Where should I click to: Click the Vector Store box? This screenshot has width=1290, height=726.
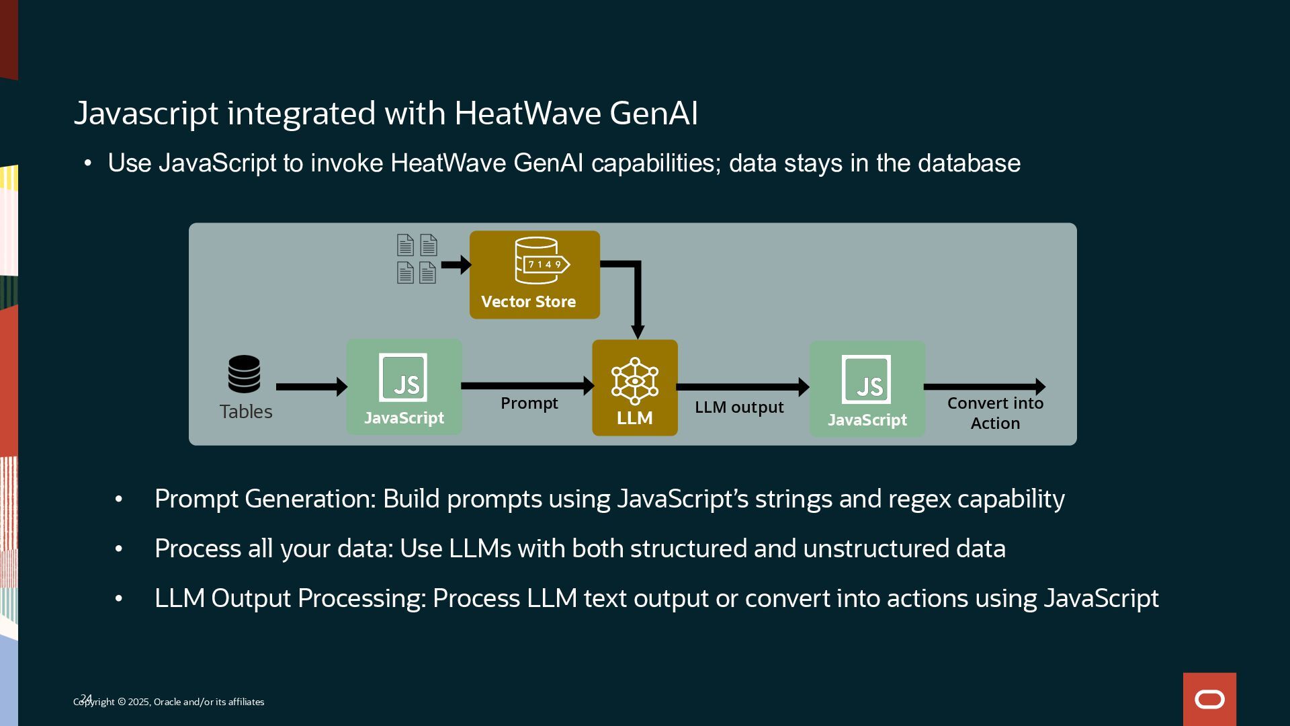(534, 275)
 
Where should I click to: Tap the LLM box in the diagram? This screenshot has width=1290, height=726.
(634, 388)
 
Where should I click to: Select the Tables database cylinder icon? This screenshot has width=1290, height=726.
(244, 374)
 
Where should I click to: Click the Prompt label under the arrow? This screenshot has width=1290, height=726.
(529, 403)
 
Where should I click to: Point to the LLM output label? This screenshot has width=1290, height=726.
(739, 407)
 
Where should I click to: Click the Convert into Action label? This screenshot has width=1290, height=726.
(995, 413)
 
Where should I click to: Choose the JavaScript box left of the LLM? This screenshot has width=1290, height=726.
(404, 387)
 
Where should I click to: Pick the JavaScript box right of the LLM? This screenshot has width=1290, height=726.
(867, 389)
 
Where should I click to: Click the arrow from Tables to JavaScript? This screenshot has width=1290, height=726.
(311, 387)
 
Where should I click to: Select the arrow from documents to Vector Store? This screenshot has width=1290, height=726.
(456, 264)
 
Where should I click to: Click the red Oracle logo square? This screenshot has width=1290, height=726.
(1209, 699)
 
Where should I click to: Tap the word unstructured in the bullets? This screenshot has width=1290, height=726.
(876, 549)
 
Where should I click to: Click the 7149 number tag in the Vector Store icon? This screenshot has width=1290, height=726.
(545, 264)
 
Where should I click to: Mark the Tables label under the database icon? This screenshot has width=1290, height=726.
(246, 411)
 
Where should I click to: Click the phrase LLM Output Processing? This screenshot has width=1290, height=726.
(290, 598)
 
